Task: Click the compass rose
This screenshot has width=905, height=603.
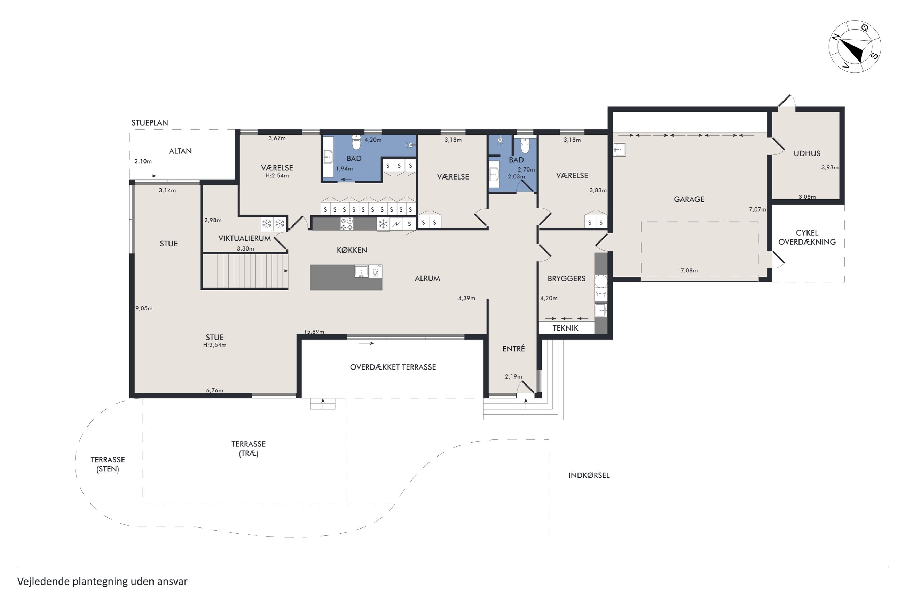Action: click(854, 47)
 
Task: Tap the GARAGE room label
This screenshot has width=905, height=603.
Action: click(689, 199)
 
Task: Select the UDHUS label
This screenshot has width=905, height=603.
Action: click(807, 153)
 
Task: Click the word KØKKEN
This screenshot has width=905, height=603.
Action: click(352, 250)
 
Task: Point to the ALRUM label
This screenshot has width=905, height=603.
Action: click(427, 278)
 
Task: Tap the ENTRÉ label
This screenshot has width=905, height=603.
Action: click(513, 348)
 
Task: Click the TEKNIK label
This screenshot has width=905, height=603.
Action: click(565, 328)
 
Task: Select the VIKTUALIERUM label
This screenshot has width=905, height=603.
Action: click(245, 238)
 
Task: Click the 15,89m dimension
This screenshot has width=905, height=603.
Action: click(314, 332)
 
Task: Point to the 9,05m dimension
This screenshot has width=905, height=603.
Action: click(144, 308)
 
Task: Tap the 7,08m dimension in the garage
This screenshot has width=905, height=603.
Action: click(689, 270)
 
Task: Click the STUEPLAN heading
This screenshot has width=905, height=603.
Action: click(150, 123)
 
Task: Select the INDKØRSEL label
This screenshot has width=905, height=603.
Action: click(589, 475)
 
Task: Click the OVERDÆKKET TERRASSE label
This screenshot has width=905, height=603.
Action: click(393, 367)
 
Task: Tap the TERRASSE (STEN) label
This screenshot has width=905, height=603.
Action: click(108, 464)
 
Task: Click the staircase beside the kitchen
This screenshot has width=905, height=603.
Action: click(245, 271)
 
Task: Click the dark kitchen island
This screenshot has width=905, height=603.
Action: click(346, 277)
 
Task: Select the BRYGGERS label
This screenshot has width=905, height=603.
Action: click(567, 278)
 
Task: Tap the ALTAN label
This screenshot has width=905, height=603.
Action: click(180, 151)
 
